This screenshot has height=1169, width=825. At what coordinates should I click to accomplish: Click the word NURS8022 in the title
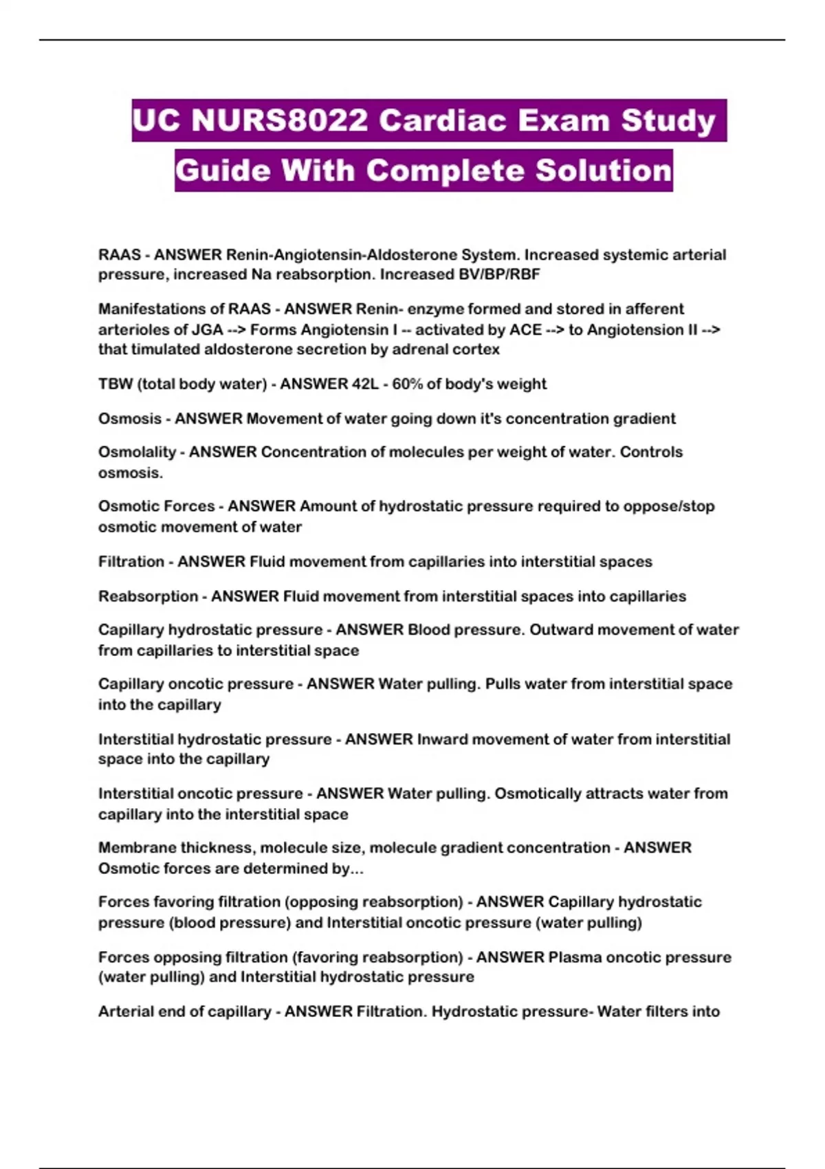[280, 121]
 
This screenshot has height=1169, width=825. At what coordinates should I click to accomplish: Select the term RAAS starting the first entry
[120, 255]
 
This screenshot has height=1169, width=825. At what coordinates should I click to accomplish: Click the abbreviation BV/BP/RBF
[499, 274]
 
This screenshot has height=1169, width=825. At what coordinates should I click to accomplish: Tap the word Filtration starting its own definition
[131, 562]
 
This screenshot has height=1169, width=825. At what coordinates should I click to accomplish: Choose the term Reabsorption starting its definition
[148, 596]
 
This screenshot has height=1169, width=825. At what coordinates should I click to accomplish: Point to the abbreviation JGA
[207, 329]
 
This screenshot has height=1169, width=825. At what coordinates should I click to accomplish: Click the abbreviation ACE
[525, 329]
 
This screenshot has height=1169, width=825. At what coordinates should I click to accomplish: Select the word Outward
[559, 630]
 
